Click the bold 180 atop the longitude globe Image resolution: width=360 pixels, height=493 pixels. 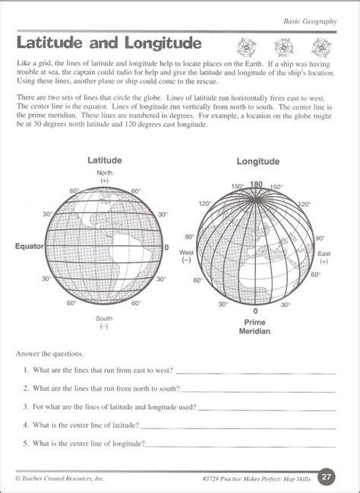[x=256, y=184]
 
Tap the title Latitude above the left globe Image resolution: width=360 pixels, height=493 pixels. [x=105, y=161]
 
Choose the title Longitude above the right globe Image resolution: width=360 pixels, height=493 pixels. [x=257, y=162]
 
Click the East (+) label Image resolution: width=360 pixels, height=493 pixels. [x=324, y=256]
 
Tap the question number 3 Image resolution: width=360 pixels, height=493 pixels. [x=26, y=406]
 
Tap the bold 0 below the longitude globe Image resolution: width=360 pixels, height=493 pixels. [x=255, y=311]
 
